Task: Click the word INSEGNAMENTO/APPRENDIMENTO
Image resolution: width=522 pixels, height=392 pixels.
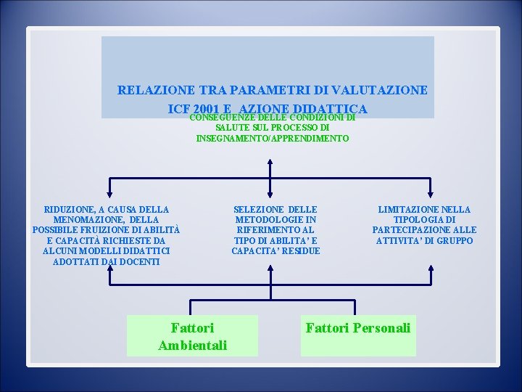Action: pyautogui.click(x=273, y=138)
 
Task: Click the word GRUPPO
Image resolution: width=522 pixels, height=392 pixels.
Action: pyautogui.click(x=454, y=240)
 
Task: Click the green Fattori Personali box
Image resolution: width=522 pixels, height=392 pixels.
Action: pyautogui.click(x=358, y=335)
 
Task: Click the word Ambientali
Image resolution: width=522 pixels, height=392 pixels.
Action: pyautogui.click(x=192, y=345)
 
